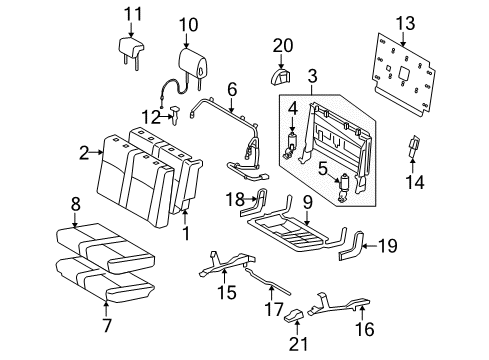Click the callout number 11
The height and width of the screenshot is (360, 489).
[x=127, y=13]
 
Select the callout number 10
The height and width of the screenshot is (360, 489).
[x=189, y=24]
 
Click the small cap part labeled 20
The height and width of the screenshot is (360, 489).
[x=280, y=75]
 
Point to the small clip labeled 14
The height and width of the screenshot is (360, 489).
[x=415, y=150]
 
